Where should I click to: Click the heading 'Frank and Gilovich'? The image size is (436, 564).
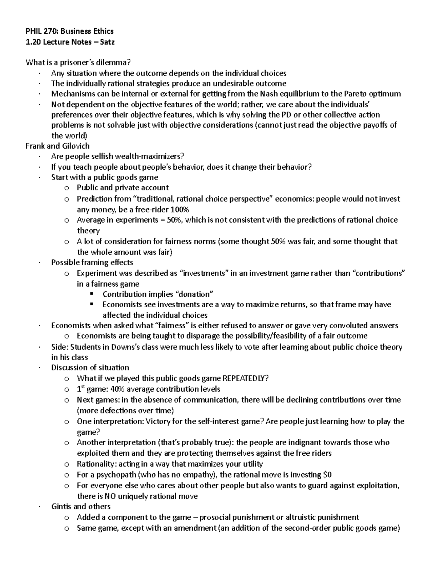click(x=57, y=146)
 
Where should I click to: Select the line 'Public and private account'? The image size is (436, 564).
click(x=122, y=188)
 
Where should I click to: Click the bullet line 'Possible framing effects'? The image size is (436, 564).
click(x=92, y=262)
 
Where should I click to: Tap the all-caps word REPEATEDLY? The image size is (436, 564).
click(x=245, y=378)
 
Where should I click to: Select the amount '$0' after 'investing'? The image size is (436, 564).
click(x=327, y=475)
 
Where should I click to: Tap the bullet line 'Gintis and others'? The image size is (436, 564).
click(x=81, y=506)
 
